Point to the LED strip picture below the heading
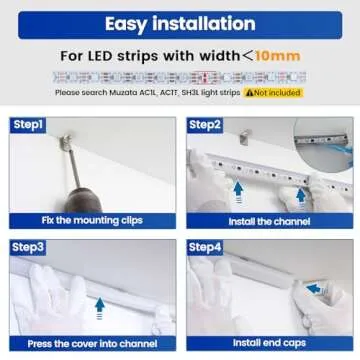point(180,75)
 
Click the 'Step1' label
point(27,125)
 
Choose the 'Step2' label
point(206,125)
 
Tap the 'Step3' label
point(27,246)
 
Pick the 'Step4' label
point(206,246)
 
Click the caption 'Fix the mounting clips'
point(91,220)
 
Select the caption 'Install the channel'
point(269,220)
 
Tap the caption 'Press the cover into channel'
point(91,343)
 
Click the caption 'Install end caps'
point(269,343)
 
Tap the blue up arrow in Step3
point(98,306)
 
